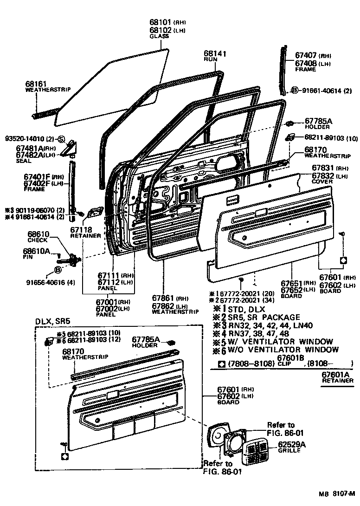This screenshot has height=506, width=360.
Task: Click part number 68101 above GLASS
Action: [x=160, y=22]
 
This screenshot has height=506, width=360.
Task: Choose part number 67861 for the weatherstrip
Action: [x=163, y=298]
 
